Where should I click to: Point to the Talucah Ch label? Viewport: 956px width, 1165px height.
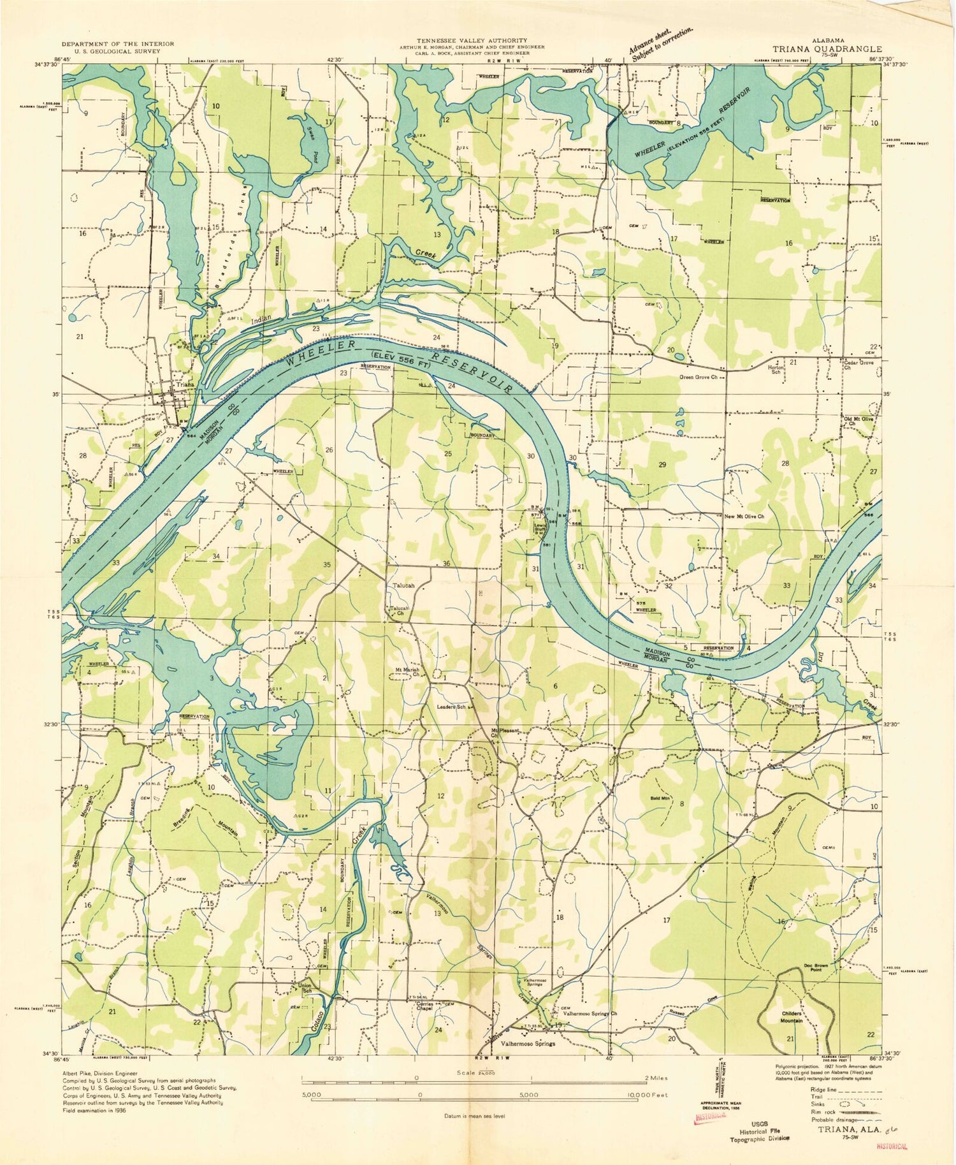399,611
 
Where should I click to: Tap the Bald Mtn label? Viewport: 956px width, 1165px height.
659,797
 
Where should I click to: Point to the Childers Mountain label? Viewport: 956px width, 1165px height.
792,1016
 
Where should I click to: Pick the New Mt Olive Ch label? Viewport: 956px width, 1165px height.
744,516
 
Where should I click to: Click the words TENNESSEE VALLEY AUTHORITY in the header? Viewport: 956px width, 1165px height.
472,40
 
